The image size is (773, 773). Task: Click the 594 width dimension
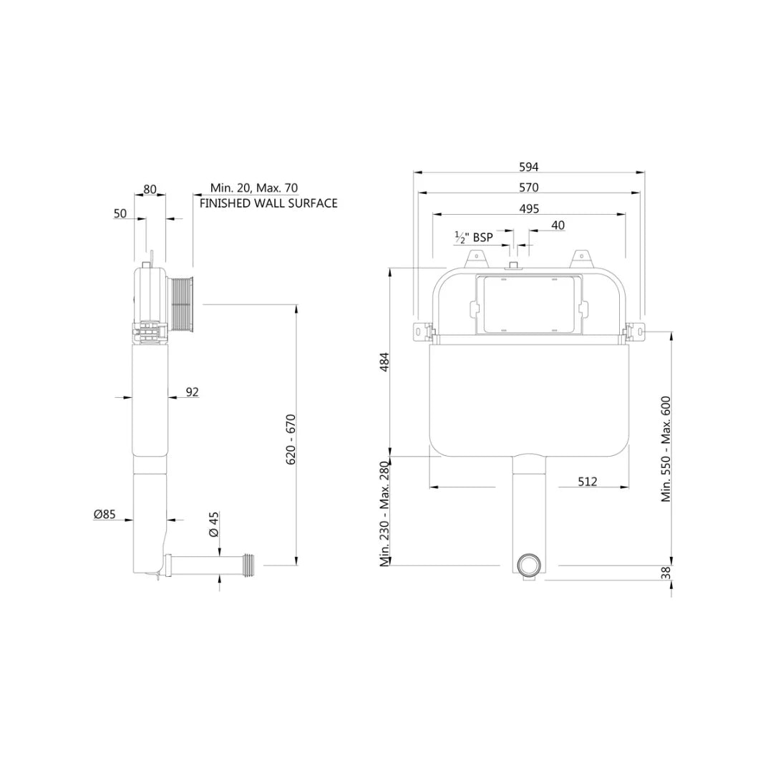[529, 167]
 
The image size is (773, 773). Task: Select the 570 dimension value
[529, 188]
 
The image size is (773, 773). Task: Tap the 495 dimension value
[529, 208]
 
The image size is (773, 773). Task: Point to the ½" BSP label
[474, 238]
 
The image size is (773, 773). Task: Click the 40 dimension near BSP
[558, 225]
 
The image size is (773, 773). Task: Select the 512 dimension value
[587, 482]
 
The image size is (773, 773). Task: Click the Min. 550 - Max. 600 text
[666, 448]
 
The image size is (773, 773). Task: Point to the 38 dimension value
[666, 573]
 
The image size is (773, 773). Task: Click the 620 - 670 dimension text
[291, 439]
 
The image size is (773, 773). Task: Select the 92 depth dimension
[192, 392]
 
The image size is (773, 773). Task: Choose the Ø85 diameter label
[104, 514]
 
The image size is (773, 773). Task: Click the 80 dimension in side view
[150, 190]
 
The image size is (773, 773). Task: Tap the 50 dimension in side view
[120, 213]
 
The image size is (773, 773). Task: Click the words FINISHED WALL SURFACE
[268, 203]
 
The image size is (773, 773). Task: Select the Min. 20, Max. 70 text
[254, 188]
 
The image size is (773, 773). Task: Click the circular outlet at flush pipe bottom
[530, 565]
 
